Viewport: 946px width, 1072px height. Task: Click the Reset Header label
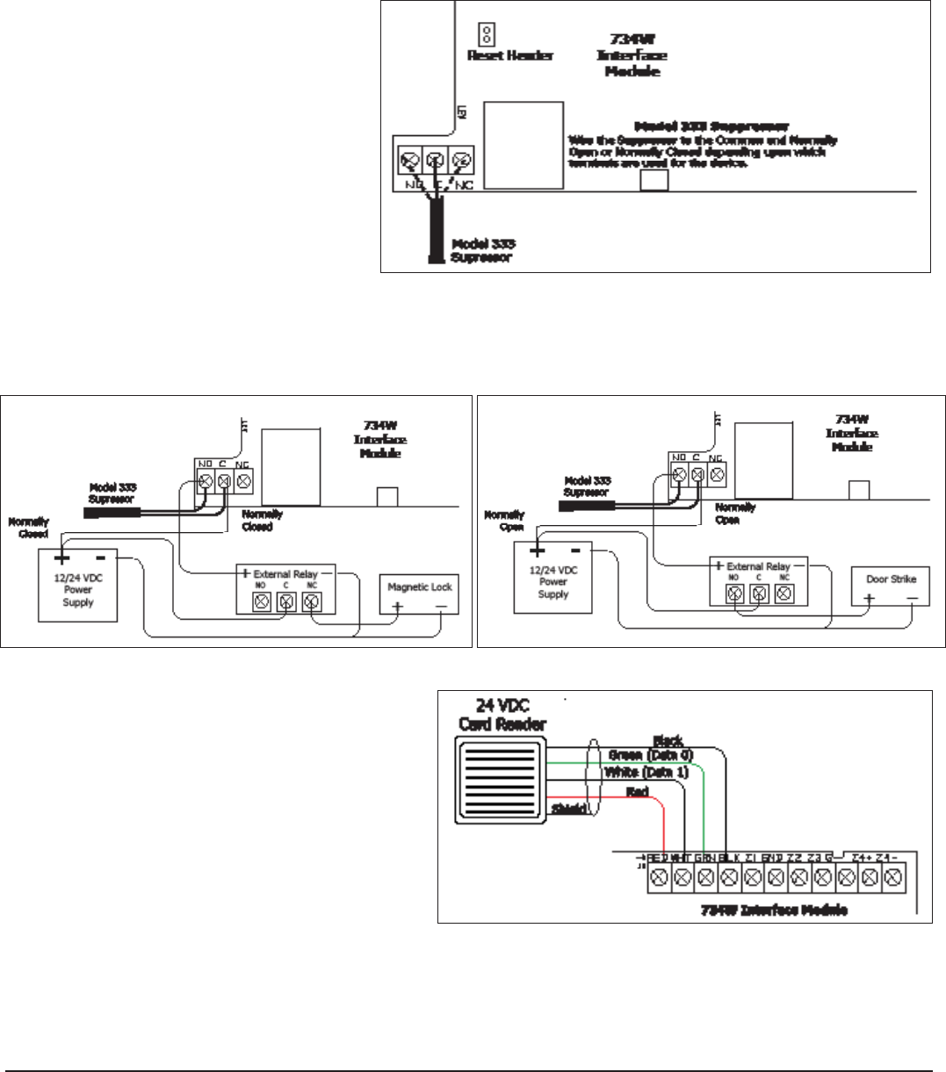[x=510, y=56]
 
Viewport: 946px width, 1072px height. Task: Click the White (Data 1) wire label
[x=647, y=772]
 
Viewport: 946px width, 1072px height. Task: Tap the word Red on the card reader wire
[x=638, y=793]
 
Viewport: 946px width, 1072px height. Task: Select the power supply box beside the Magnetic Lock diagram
[x=78, y=586]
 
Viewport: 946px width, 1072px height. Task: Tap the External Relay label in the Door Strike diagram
[x=758, y=567]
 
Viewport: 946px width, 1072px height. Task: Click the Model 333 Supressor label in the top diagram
[x=482, y=250]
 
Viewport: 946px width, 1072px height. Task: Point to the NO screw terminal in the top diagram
[x=408, y=161]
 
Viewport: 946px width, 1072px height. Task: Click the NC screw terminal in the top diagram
[x=462, y=161]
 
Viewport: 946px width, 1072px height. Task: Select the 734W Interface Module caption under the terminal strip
[x=774, y=910]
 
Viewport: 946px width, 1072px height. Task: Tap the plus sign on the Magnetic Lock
[x=397, y=608]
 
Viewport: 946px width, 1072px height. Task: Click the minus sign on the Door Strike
[x=913, y=599]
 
